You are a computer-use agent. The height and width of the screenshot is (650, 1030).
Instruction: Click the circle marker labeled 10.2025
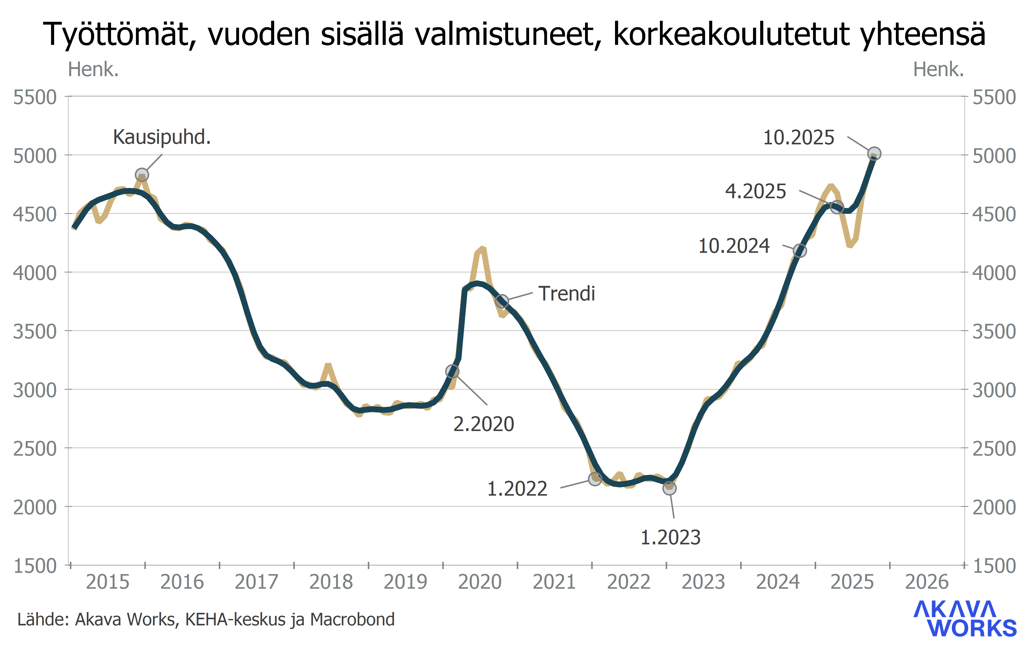(x=874, y=154)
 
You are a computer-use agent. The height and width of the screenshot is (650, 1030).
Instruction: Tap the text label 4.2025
(x=755, y=191)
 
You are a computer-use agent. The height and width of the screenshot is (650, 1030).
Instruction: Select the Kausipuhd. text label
(x=162, y=137)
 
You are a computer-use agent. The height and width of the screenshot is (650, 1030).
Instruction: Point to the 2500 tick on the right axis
(x=994, y=448)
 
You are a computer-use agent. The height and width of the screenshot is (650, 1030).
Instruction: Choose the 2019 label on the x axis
(x=405, y=582)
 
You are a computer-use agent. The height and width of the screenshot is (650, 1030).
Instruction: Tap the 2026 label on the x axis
(x=926, y=582)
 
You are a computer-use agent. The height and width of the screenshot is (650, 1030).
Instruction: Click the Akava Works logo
(x=965, y=619)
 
